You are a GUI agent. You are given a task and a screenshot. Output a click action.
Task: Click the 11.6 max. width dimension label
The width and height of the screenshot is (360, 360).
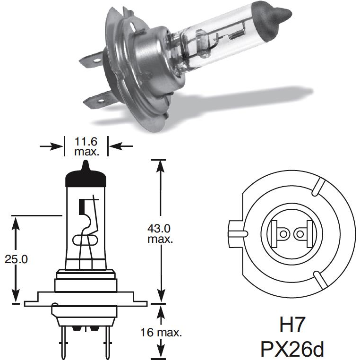[x=86, y=146]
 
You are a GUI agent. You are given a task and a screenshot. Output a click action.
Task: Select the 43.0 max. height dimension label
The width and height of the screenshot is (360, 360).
[x=160, y=233]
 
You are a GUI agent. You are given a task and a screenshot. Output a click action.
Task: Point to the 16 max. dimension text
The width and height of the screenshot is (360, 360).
[x=161, y=332]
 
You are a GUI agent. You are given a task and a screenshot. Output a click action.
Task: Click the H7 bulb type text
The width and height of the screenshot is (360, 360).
[x=292, y=325]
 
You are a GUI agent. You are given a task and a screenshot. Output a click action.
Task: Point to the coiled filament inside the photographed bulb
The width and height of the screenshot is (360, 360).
[x=237, y=34]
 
